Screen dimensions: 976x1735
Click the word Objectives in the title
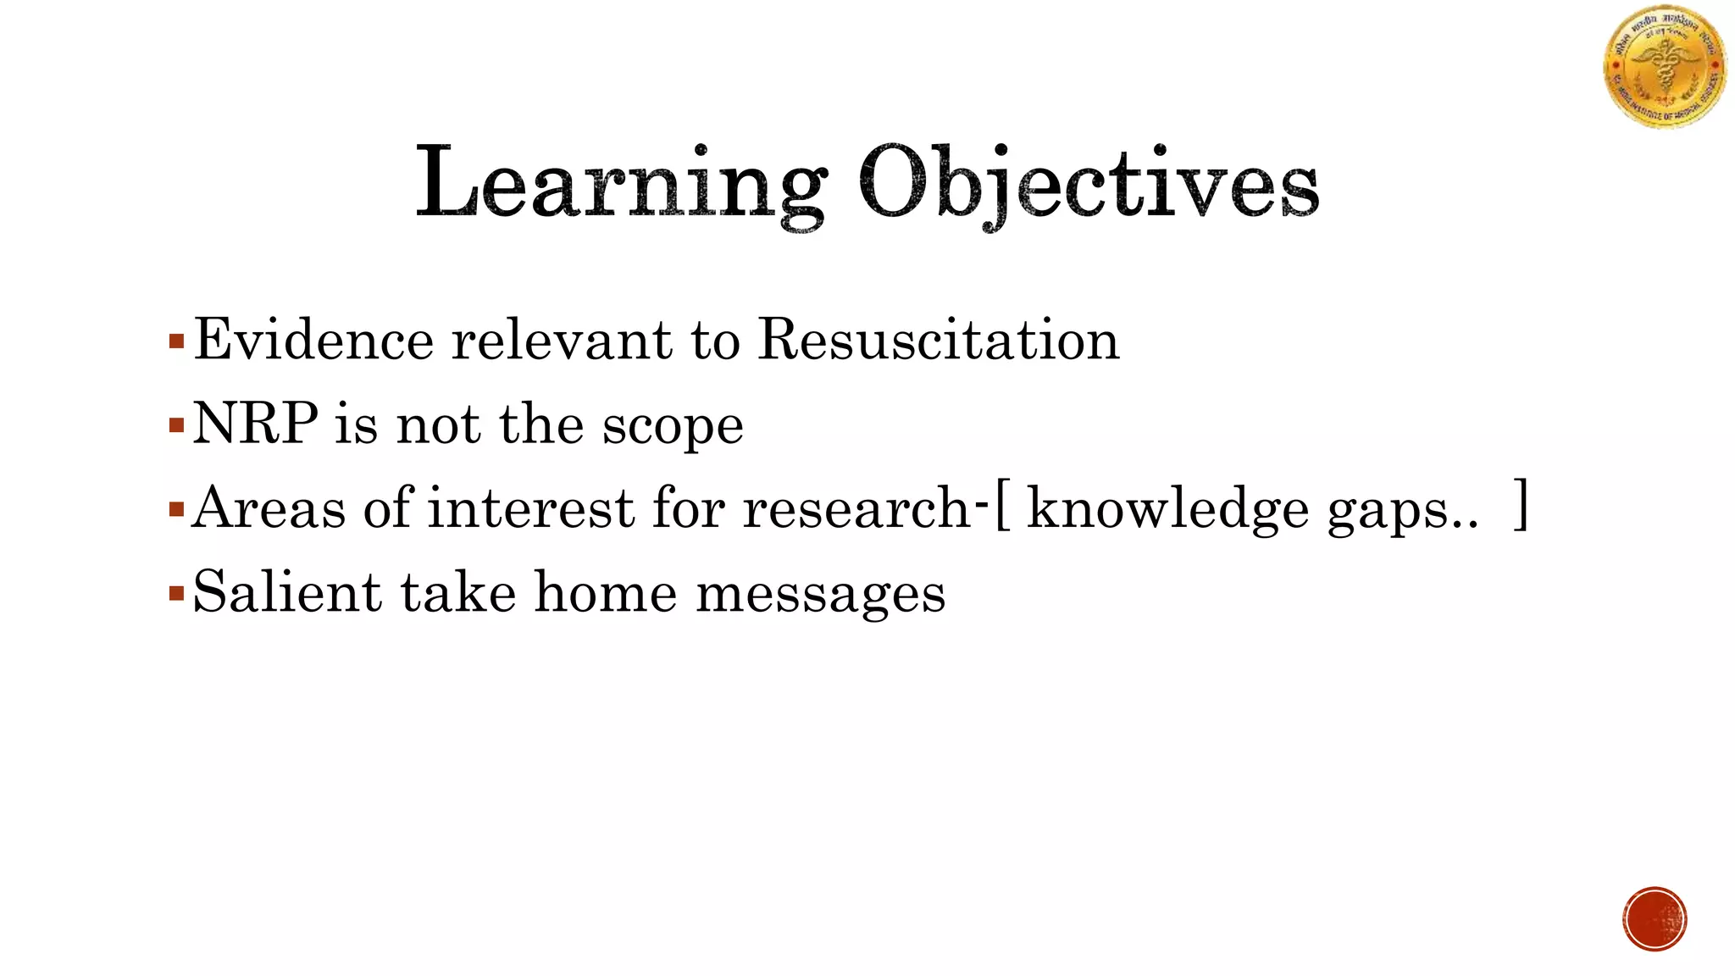coord(1088,184)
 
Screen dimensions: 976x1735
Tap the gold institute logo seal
coord(1665,68)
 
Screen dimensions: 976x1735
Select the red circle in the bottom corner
coord(1655,919)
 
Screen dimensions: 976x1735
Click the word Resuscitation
coord(939,340)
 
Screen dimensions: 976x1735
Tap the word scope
coord(673,426)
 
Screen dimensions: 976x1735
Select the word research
coord(856,508)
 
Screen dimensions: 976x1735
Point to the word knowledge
coord(1167,509)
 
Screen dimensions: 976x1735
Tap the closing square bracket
coord(1522,505)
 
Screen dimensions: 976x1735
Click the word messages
coord(820,594)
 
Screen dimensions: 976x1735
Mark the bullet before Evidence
coord(176,342)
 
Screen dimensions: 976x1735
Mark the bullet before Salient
coord(176,593)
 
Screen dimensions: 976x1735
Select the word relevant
coord(562,340)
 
